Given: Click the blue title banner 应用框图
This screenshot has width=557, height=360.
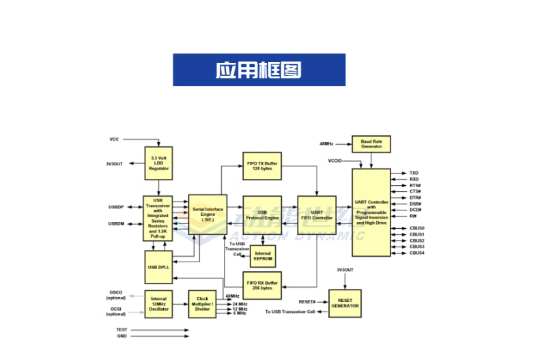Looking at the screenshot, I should (x=259, y=70).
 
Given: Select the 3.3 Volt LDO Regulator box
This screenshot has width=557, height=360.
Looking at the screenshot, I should (x=158, y=164).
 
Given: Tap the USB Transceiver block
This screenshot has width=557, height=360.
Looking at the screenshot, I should (x=158, y=218).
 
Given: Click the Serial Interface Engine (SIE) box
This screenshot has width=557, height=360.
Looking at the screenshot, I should (x=207, y=214).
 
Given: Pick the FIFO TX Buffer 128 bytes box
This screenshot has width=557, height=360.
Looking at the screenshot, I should (x=261, y=166).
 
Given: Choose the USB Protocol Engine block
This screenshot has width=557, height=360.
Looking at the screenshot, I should (x=262, y=214).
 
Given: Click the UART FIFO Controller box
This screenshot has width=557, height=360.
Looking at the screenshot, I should (x=317, y=214).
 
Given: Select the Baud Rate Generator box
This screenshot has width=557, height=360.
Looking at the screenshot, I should (x=371, y=143).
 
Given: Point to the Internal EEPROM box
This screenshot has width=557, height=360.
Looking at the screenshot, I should (x=262, y=256).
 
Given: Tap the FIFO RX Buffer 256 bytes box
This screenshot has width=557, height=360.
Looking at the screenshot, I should (x=261, y=285).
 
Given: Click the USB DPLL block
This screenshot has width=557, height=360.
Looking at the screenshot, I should (x=158, y=266).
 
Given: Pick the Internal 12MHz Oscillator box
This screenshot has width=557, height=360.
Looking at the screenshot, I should (x=158, y=304).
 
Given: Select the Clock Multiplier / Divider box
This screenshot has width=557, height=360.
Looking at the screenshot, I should (x=202, y=304).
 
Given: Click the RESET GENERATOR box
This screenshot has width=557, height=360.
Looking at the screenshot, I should (x=345, y=303).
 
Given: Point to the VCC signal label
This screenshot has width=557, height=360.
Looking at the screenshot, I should (x=114, y=139).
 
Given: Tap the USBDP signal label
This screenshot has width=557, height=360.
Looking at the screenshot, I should (x=115, y=207).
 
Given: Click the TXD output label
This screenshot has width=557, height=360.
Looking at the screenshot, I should (x=414, y=174).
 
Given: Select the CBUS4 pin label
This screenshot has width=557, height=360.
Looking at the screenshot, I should (x=417, y=253).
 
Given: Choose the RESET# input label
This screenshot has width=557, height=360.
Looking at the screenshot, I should (x=307, y=301).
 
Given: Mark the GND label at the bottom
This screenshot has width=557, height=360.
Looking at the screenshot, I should (x=122, y=337).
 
